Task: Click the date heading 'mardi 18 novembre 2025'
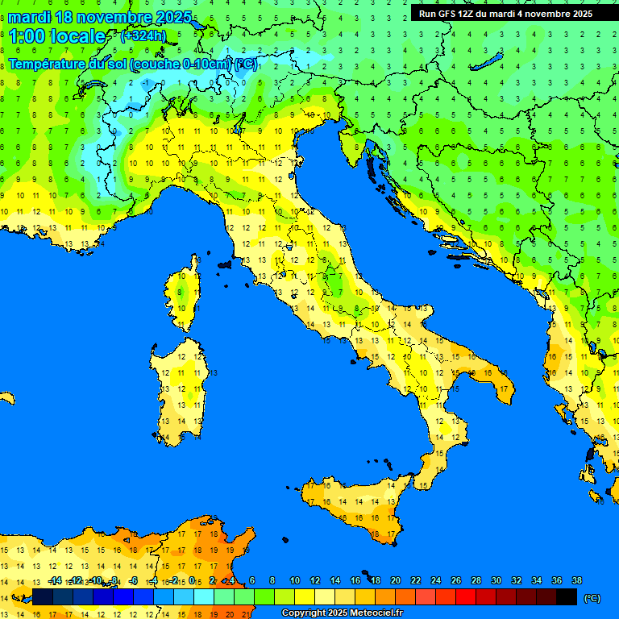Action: tap(100, 17)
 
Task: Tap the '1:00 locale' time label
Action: tap(58, 36)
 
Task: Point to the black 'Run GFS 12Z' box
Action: tap(505, 14)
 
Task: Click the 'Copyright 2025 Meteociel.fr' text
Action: tap(342, 613)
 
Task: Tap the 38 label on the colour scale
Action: tap(576, 580)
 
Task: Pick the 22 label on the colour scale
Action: tap(415, 580)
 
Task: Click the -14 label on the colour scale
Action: tap(54, 580)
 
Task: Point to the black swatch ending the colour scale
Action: tap(567, 597)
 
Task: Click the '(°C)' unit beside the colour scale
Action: tap(592, 598)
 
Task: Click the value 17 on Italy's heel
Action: tap(503, 389)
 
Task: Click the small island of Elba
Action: tap(225, 264)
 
